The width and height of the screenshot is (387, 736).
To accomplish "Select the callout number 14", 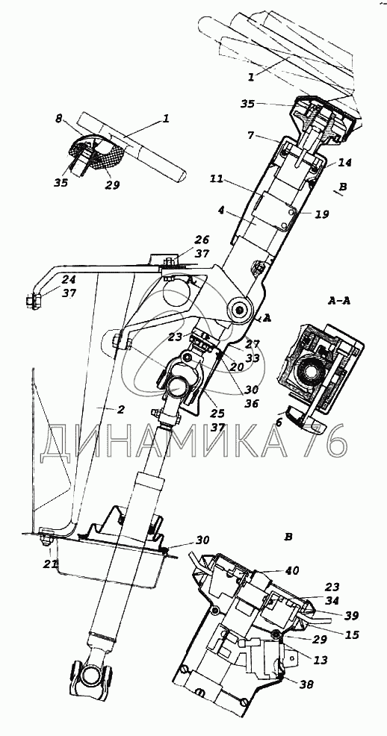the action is pyautogui.click(x=344, y=163).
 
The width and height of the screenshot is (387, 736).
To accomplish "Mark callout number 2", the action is pyautogui.click(x=120, y=409).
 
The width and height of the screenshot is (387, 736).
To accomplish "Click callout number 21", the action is pyautogui.click(x=52, y=563).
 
